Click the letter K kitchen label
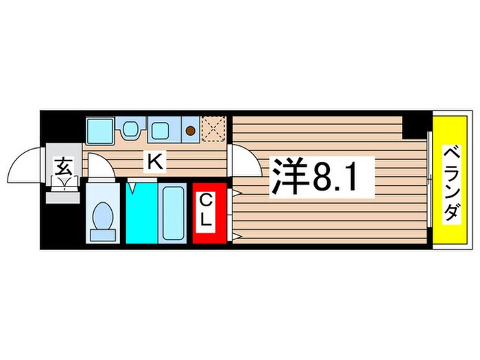(156, 162)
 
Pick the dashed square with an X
(213, 128)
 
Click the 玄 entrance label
(63, 167)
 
